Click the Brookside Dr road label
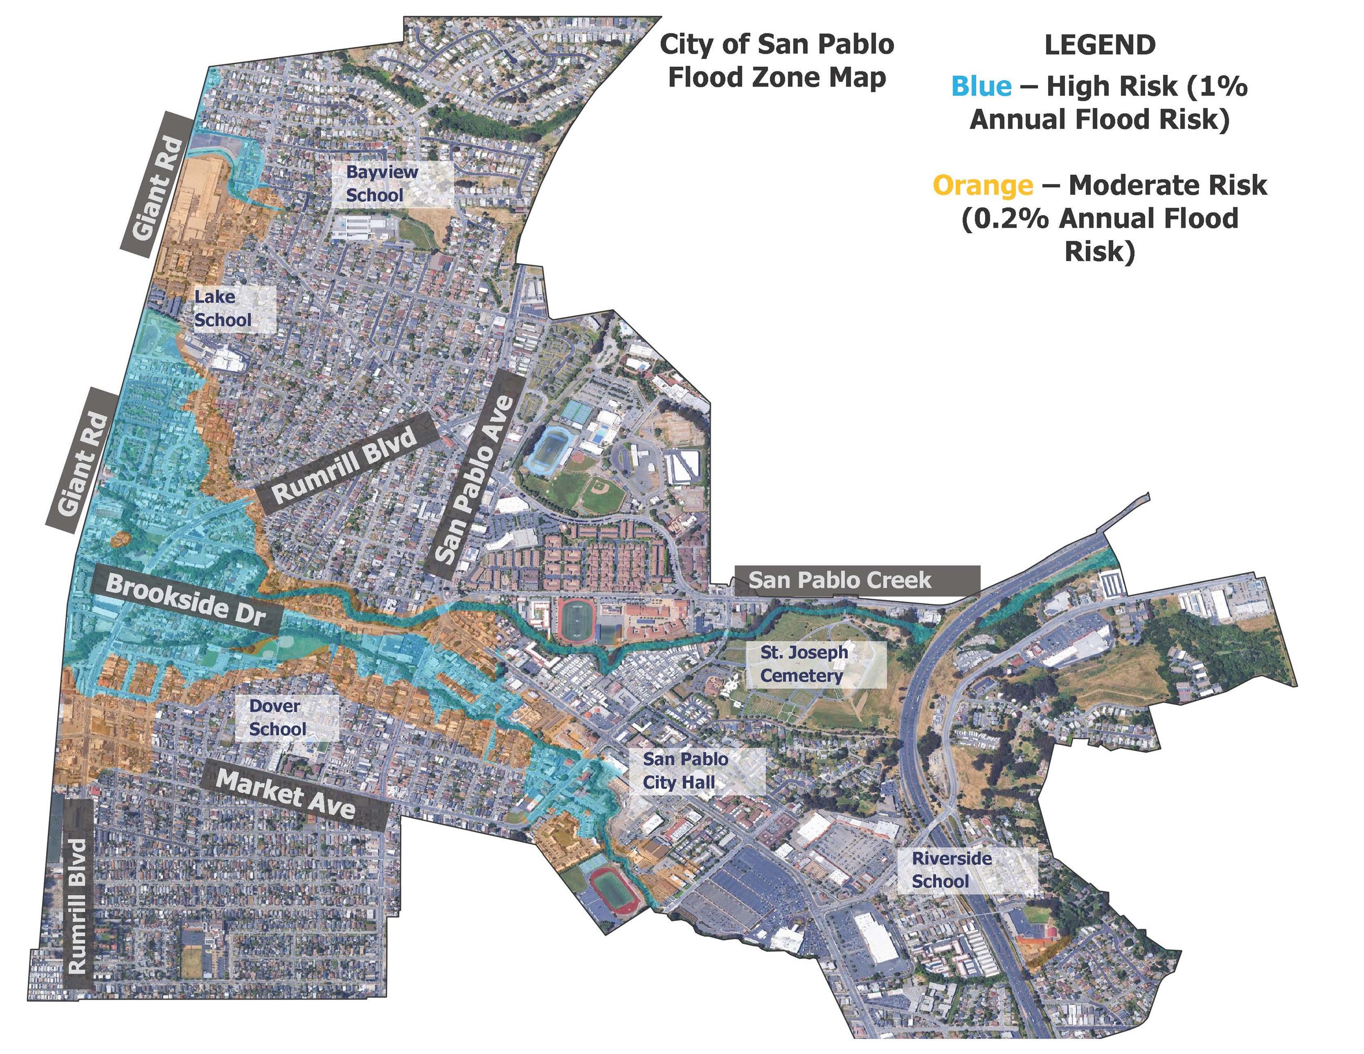pyautogui.click(x=186, y=598)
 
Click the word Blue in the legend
pyautogui.click(x=981, y=86)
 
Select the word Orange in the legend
pyautogui.click(x=983, y=185)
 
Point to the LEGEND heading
pyautogui.click(x=1099, y=45)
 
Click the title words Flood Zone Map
pyautogui.click(x=777, y=78)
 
